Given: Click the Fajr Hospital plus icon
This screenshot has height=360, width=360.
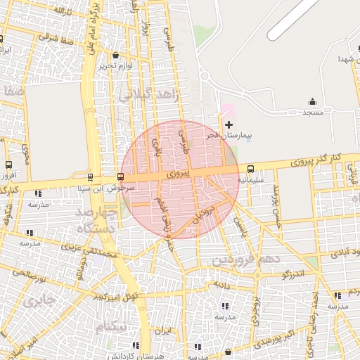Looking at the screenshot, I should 229,124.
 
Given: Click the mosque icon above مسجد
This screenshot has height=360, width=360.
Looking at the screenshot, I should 312,102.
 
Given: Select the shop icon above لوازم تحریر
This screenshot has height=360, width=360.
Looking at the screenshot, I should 115,55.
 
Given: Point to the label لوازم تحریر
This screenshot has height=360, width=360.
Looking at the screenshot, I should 115,65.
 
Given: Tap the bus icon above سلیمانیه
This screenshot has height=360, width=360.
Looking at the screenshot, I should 251,169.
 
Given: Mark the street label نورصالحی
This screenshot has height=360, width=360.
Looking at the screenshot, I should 27,273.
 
